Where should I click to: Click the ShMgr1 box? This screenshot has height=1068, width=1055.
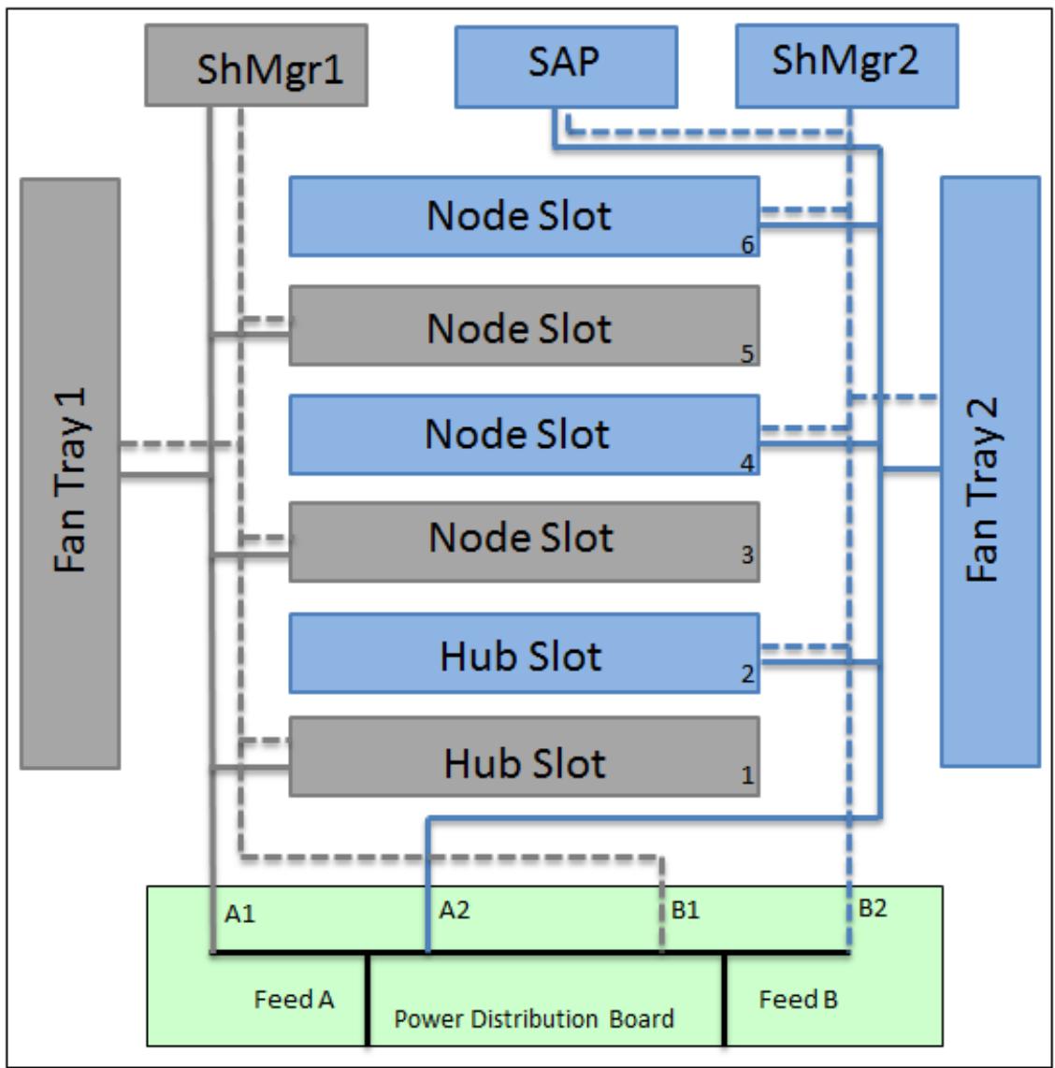tap(256, 65)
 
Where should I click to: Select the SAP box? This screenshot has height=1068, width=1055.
tap(566, 66)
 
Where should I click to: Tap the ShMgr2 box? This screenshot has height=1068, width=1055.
tap(846, 66)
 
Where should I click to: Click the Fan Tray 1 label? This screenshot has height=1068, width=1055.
tap(70, 480)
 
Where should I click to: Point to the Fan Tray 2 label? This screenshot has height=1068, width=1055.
tap(982, 488)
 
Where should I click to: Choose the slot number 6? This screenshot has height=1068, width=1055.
tap(747, 245)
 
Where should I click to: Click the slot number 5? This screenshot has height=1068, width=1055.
tap(747, 354)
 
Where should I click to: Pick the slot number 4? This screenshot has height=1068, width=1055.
tap(747, 464)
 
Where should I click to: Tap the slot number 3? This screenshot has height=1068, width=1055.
tap(747, 556)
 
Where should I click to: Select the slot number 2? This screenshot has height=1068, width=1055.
tap(747, 674)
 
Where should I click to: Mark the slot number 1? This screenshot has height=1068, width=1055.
tap(747, 775)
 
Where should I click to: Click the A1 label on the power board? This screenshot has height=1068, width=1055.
tap(239, 914)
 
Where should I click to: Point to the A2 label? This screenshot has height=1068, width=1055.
tap(455, 910)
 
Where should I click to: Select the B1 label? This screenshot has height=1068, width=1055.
tap(686, 910)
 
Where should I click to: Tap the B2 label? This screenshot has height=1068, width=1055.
tap(873, 908)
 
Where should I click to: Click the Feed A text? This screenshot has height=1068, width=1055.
tap(295, 999)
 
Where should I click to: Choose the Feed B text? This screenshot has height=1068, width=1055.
tap(798, 999)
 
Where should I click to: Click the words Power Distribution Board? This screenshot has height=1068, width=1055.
tap(534, 1019)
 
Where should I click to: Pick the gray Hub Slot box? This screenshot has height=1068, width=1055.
tap(525, 757)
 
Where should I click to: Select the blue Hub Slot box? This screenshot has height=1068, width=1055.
tap(525, 654)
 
